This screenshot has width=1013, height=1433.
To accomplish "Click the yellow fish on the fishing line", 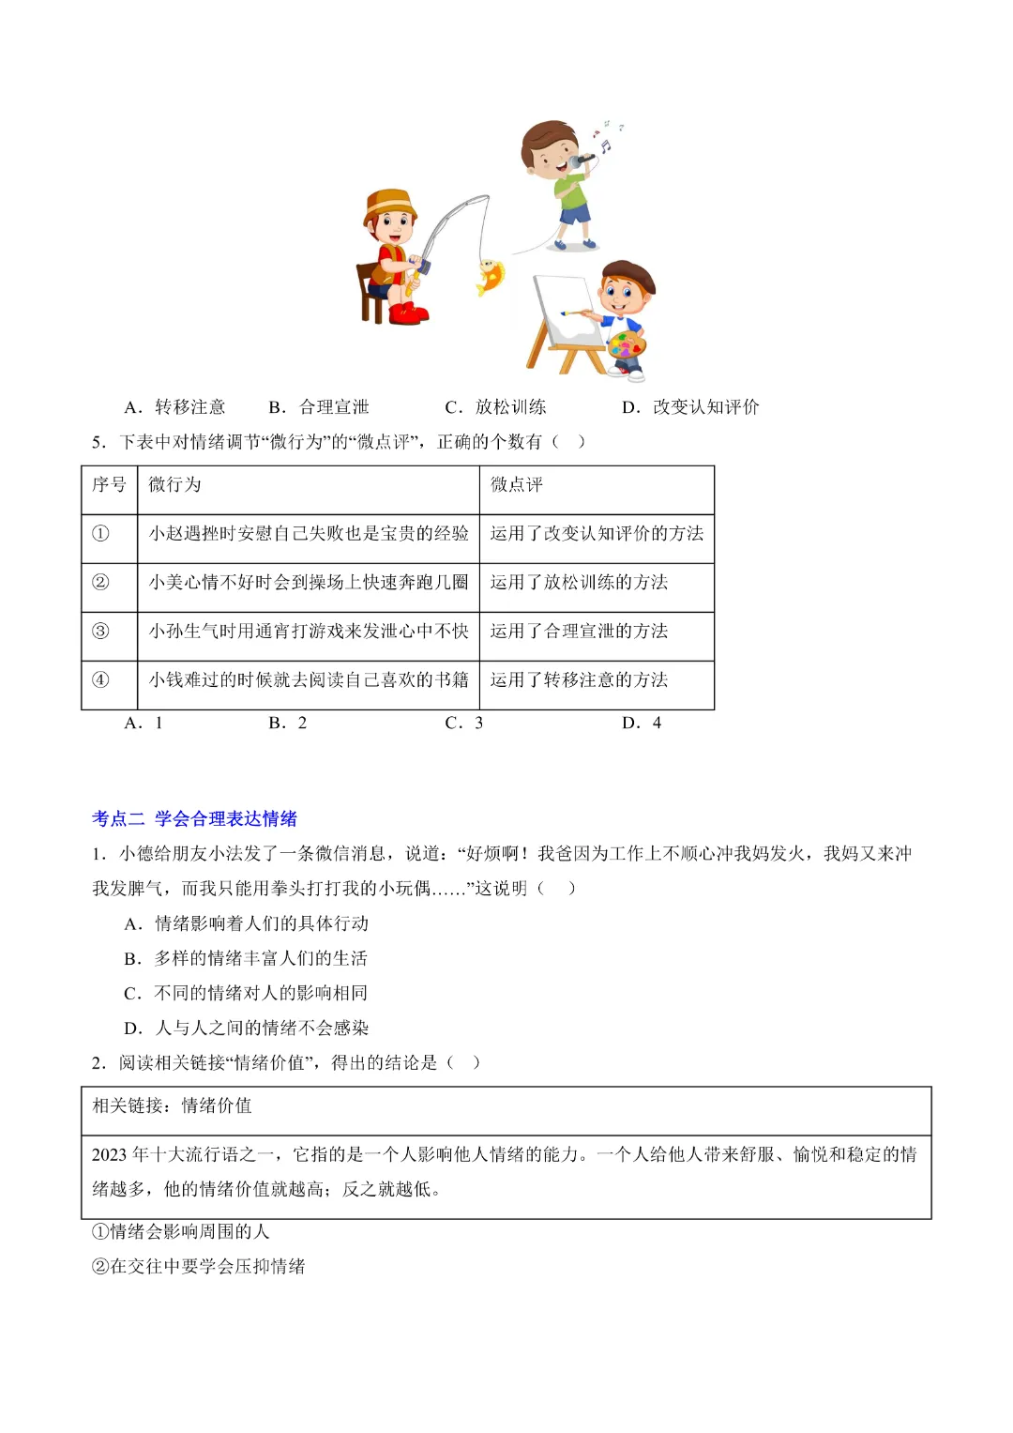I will [491, 276].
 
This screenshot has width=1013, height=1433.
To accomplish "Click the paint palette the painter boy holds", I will [627, 345].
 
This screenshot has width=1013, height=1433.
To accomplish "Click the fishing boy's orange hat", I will [389, 206].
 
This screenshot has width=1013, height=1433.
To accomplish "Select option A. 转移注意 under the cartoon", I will [175, 407].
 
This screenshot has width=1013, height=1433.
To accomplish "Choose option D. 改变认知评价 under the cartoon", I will [691, 407].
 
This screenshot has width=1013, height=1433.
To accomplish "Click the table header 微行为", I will [174, 485].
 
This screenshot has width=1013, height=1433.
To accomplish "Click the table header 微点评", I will [517, 485].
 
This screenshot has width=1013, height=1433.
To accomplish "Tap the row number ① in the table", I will [100, 534].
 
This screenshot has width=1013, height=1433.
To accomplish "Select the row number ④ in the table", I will [100, 680].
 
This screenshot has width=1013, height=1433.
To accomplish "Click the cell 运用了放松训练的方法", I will [579, 583].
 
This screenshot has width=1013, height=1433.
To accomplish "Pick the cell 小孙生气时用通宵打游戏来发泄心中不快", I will [309, 632].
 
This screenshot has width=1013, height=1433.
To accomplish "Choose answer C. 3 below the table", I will [464, 724].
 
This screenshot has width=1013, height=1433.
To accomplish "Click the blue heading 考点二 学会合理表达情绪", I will [194, 819].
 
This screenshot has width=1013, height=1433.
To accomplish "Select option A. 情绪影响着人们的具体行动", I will [247, 924].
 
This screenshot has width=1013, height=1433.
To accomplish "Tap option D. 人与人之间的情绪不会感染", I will [247, 1029].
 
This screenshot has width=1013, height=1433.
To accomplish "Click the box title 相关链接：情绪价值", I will [172, 1106].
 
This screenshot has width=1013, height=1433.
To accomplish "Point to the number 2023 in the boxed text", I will [109, 1155].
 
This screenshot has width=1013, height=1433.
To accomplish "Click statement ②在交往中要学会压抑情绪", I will [199, 1267].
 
